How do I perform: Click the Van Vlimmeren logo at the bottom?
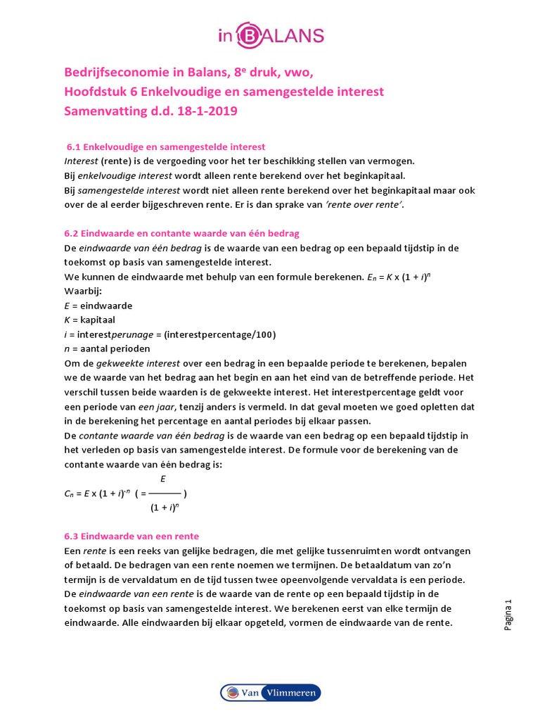pos(270,693)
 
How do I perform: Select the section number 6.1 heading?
pos(165,147)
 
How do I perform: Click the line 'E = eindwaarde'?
pos(98,306)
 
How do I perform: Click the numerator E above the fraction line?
pos(163,479)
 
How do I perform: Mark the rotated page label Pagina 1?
pos(510,614)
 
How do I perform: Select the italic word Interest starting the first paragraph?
pos(80,161)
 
